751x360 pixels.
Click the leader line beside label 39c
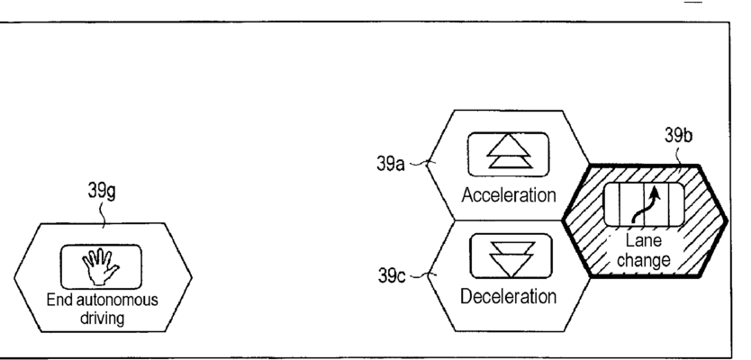(x=423, y=272)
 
